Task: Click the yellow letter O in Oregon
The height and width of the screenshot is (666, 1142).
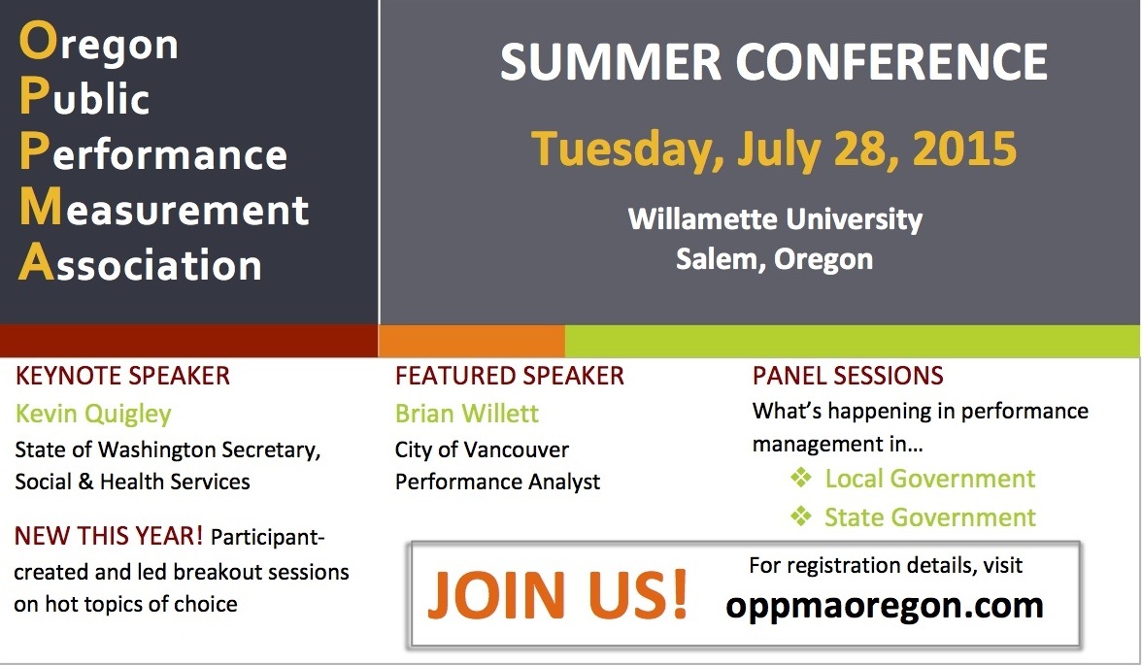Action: coord(37,41)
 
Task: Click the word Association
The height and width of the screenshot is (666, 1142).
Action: coord(140,263)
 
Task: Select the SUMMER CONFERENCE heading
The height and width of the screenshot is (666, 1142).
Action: coord(773,62)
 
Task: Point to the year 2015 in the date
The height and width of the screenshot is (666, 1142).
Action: coord(964,149)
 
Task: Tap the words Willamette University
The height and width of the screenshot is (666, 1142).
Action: coord(775,219)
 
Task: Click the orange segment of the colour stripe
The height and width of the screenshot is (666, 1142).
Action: coord(472,341)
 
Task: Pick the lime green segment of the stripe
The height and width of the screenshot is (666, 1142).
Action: coord(853,341)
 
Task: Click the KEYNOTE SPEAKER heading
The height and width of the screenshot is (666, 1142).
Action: coord(122,376)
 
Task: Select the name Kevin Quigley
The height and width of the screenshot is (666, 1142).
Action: coord(93,415)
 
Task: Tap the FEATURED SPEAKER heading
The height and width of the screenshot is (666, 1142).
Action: coord(509,376)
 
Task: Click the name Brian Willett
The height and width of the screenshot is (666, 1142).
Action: coord(467,414)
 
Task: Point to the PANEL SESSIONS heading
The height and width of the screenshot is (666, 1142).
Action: coord(848,376)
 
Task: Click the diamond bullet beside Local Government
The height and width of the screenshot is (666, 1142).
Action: coord(801,478)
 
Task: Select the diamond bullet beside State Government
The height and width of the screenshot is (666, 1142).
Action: coord(801,516)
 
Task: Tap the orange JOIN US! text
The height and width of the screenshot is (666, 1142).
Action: coord(557,595)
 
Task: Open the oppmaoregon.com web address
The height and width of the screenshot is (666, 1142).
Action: coord(884,606)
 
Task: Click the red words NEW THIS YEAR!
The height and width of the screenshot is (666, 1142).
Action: coord(109,536)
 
